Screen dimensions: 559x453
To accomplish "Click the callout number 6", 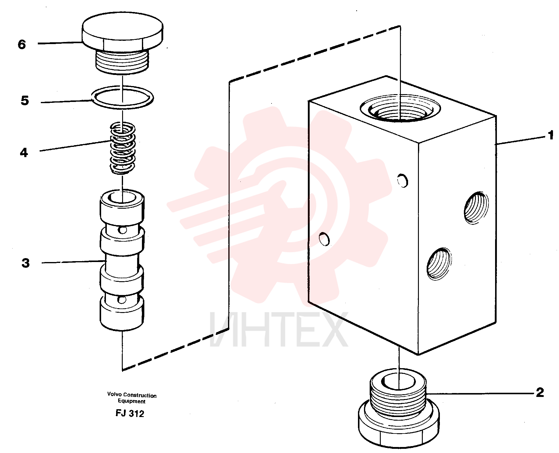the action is click(22, 44).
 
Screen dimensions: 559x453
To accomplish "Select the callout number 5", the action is click(25, 100).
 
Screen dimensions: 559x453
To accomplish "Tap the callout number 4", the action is click(24, 153).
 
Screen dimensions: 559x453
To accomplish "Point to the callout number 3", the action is click(26, 263).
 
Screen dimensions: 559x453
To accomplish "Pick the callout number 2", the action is click(540, 392).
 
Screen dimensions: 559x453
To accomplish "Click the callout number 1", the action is click(551, 135).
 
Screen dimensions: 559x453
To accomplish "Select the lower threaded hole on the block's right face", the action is click(439, 264).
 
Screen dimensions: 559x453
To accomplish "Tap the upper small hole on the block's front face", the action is click(403, 180).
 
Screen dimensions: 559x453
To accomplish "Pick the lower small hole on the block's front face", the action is click(324, 239).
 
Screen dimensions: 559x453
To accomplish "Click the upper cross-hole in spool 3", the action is click(122, 230).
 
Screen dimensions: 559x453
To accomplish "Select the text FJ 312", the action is click(130, 413).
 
